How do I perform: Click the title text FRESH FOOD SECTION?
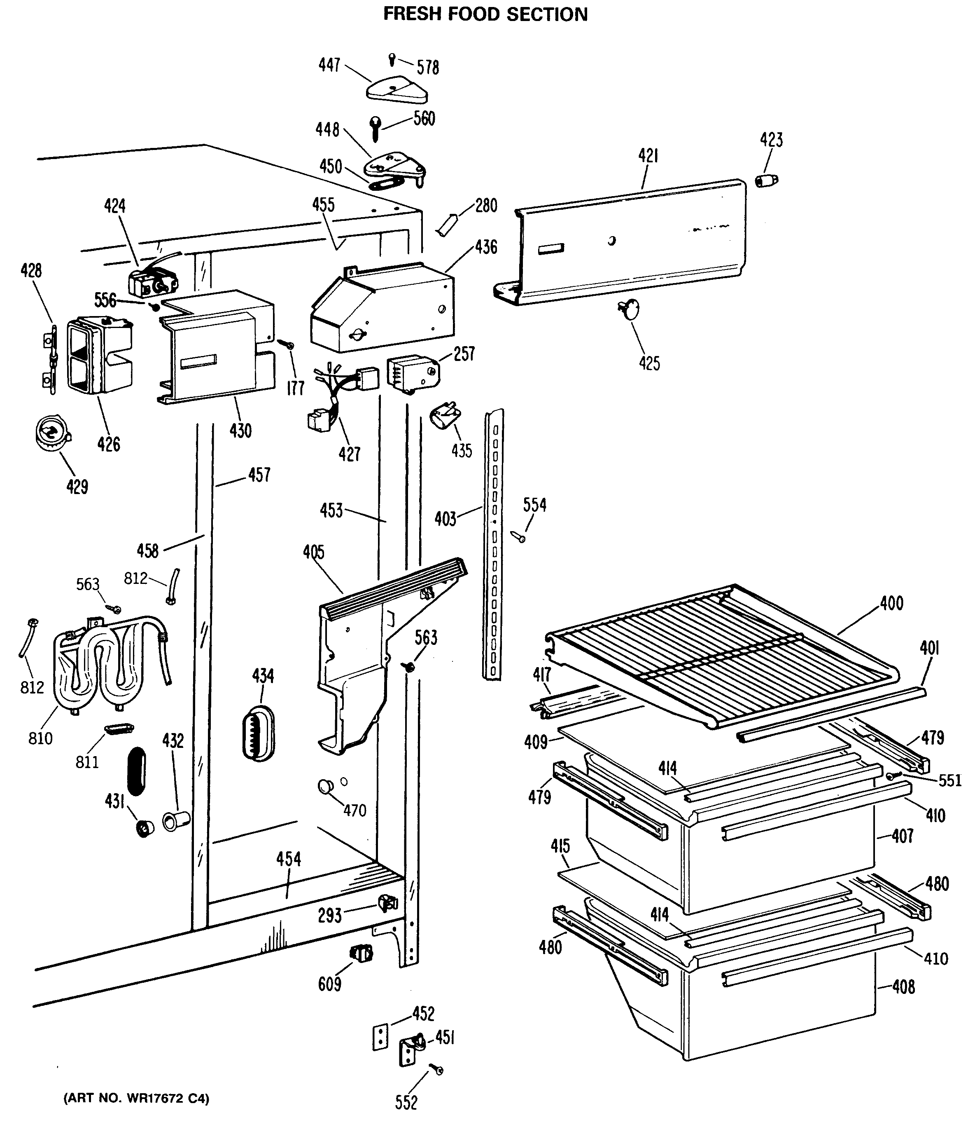485,14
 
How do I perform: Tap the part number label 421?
648,156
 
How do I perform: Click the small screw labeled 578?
392,58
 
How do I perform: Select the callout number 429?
77,487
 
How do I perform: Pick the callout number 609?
330,984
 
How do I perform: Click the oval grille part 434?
258,733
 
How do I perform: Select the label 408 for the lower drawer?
903,987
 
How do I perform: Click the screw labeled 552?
436,1069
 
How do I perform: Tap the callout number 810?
40,738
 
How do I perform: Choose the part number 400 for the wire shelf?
892,603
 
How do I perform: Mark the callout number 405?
314,552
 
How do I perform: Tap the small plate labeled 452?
380,1037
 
